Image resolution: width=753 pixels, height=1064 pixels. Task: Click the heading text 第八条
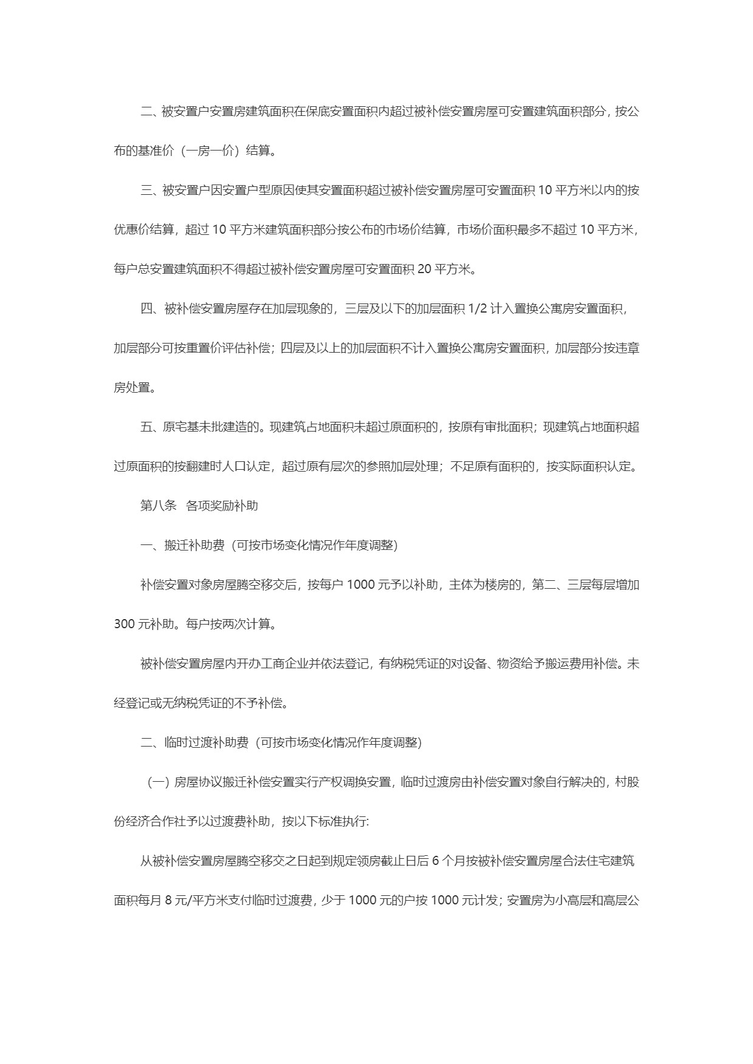(x=158, y=506)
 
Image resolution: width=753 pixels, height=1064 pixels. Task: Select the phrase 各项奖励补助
(x=222, y=506)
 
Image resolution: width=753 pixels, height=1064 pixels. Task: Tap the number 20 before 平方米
(x=424, y=269)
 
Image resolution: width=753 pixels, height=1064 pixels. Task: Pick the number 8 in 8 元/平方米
(x=168, y=900)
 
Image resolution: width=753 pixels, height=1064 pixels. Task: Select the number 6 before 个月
(x=435, y=861)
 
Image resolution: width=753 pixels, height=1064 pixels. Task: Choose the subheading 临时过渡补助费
(x=206, y=742)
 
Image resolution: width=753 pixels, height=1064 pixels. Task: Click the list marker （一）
(x=158, y=782)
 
